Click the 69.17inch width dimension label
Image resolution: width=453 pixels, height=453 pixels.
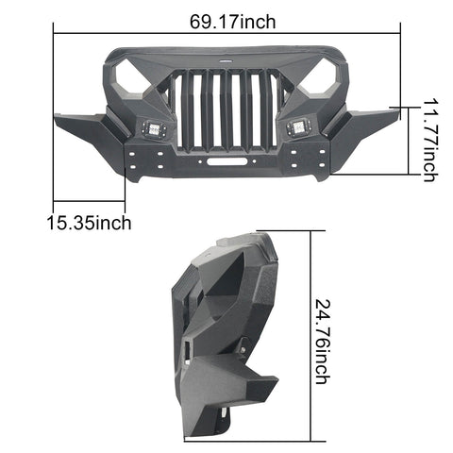[x=232, y=22]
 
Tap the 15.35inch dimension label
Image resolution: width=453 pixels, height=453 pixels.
[x=89, y=223]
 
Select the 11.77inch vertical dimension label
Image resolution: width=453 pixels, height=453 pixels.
[x=429, y=141]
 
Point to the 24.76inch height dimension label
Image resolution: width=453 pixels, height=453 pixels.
[x=323, y=342]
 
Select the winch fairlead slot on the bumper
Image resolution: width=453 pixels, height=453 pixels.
[x=226, y=161]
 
